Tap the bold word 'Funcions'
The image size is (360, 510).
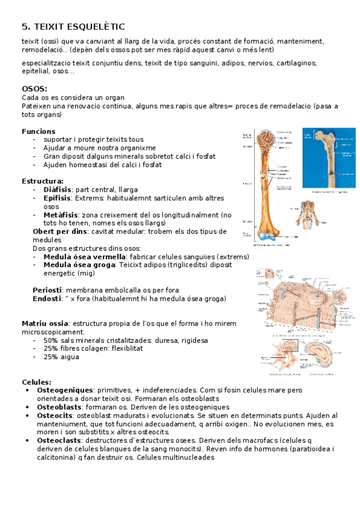pos(38,131)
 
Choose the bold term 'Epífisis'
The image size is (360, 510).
pos(56,198)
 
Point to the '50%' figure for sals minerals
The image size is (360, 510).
pos(51,340)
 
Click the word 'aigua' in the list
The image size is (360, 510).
pos(70,357)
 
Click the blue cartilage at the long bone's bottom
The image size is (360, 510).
pos(265,236)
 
